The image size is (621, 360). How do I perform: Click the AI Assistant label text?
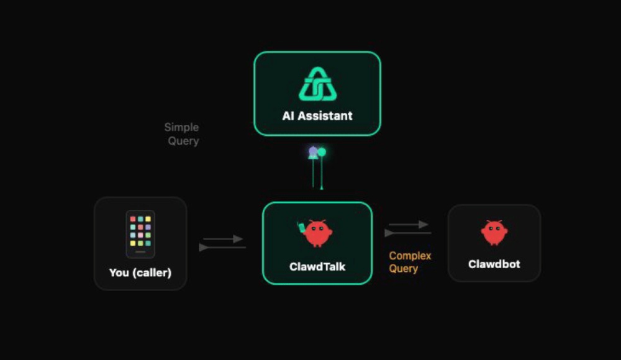point(317,116)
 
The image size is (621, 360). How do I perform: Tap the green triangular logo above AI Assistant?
point(317,84)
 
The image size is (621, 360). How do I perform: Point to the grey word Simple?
point(181,127)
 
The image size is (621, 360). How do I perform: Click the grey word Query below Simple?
point(183,141)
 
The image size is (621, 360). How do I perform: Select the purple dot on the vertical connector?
point(314,151)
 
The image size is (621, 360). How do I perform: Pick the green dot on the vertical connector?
point(322,152)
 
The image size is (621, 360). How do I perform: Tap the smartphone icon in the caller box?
point(140,234)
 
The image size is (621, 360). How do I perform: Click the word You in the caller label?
point(119,272)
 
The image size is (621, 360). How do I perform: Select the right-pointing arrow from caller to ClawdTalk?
point(224,239)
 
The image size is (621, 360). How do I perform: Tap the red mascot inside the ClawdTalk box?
point(319,233)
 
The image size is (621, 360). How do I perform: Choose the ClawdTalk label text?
point(317,267)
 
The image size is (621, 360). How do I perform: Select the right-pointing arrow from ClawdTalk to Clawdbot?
point(409,225)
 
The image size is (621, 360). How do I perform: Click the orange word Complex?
point(410,256)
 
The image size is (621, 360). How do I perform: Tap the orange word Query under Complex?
point(404,269)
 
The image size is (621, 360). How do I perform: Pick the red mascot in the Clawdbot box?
point(494,233)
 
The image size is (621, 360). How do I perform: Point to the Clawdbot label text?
point(494,264)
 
